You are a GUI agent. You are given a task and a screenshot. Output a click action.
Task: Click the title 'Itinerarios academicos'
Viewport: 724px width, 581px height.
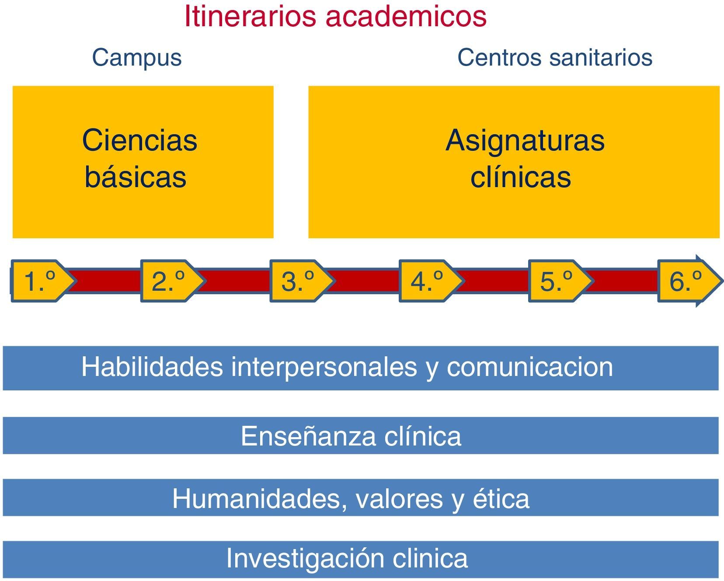(x=335, y=17)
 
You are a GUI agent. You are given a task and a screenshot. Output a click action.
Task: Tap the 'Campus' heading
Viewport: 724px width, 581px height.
(x=136, y=58)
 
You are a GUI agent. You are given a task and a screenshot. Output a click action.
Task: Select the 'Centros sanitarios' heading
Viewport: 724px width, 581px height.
(x=555, y=58)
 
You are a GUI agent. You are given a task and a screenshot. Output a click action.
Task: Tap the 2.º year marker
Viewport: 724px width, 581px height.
(x=169, y=281)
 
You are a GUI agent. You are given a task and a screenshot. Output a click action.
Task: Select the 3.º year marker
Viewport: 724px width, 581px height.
(x=298, y=281)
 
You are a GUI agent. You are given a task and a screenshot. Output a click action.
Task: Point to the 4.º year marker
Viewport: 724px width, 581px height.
(x=427, y=281)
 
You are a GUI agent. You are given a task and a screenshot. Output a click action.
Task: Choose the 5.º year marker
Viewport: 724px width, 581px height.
(x=557, y=281)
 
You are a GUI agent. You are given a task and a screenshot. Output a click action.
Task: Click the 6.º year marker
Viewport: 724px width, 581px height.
(x=686, y=281)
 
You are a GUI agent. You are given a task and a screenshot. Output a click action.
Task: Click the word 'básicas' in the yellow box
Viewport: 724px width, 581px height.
(x=136, y=177)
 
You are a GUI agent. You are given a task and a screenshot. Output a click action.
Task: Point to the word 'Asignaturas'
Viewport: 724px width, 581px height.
(x=525, y=141)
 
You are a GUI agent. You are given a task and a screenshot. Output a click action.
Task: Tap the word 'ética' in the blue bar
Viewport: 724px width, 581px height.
(x=501, y=498)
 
